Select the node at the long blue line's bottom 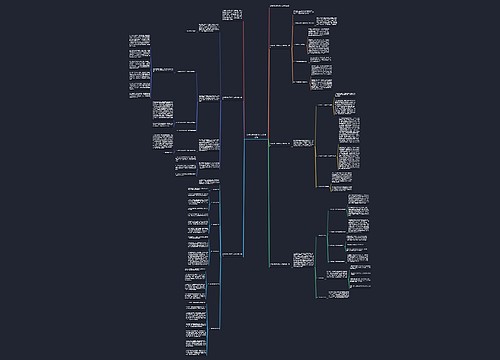coord(233,254)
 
